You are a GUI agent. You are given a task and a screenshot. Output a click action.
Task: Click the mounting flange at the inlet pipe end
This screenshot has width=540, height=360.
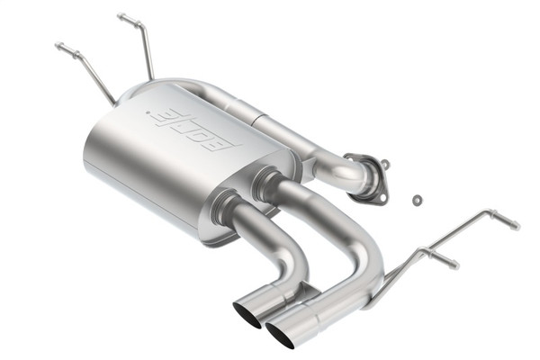click(x=368, y=175)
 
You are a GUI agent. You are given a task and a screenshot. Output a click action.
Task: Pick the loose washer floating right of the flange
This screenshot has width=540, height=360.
click(x=417, y=199)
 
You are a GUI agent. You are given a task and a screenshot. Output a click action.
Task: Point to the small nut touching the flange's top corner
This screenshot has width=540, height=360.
click(x=385, y=165)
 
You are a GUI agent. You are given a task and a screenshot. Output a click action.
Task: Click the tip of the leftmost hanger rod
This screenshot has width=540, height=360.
click(x=58, y=46)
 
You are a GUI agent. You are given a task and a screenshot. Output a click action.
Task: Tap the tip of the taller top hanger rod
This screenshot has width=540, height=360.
click(x=121, y=16)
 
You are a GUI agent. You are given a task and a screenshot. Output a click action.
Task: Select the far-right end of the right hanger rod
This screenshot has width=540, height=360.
click(x=515, y=224)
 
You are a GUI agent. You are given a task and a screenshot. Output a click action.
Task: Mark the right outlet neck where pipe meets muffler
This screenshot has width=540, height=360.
click(x=265, y=184)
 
